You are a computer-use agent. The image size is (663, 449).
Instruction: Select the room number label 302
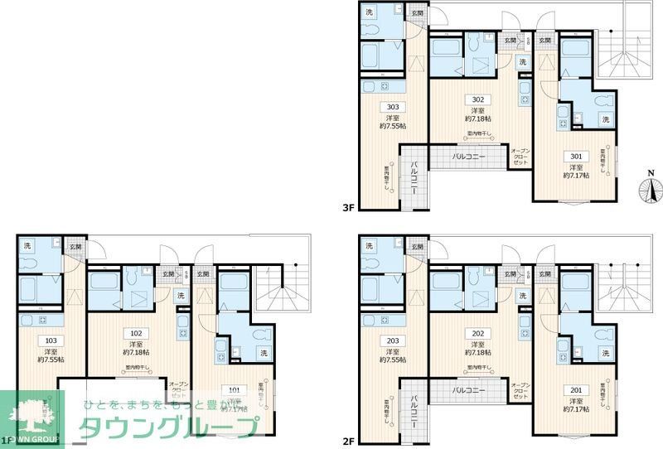[x=477, y=99]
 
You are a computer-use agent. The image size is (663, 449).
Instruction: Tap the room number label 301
[x=574, y=156]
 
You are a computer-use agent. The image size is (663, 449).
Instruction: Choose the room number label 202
[x=477, y=334]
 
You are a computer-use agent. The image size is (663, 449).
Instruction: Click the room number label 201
[x=574, y=390]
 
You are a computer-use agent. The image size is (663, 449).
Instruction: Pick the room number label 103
[x=50, y=341]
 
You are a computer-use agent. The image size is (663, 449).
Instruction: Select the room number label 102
[x=135, y=334]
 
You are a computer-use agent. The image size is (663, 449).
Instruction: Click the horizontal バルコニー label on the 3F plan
[x=468, y=156]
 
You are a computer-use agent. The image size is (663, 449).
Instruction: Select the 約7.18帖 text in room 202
[x=477, y=354]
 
